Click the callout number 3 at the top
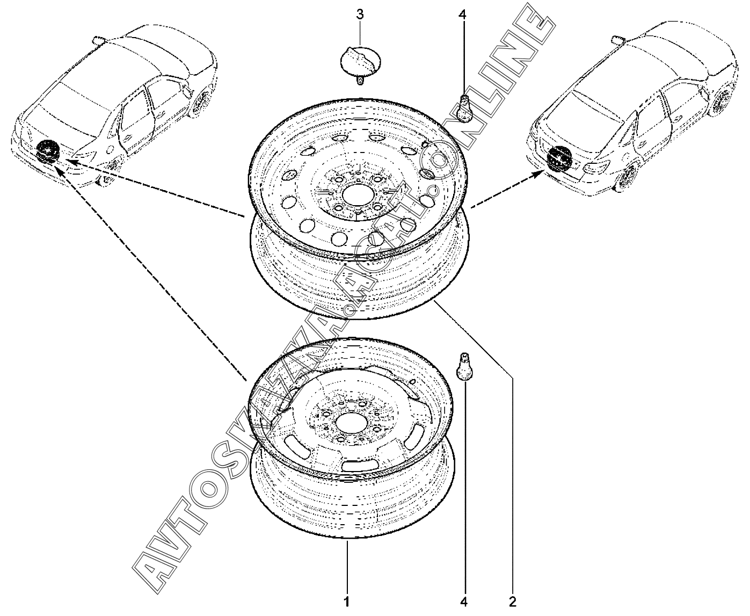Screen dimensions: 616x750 coord(360,14)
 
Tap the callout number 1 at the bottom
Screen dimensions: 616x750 coord(347,600)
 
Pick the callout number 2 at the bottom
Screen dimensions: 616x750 coord(512,600)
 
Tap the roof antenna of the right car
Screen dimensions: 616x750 coord(617,38)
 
